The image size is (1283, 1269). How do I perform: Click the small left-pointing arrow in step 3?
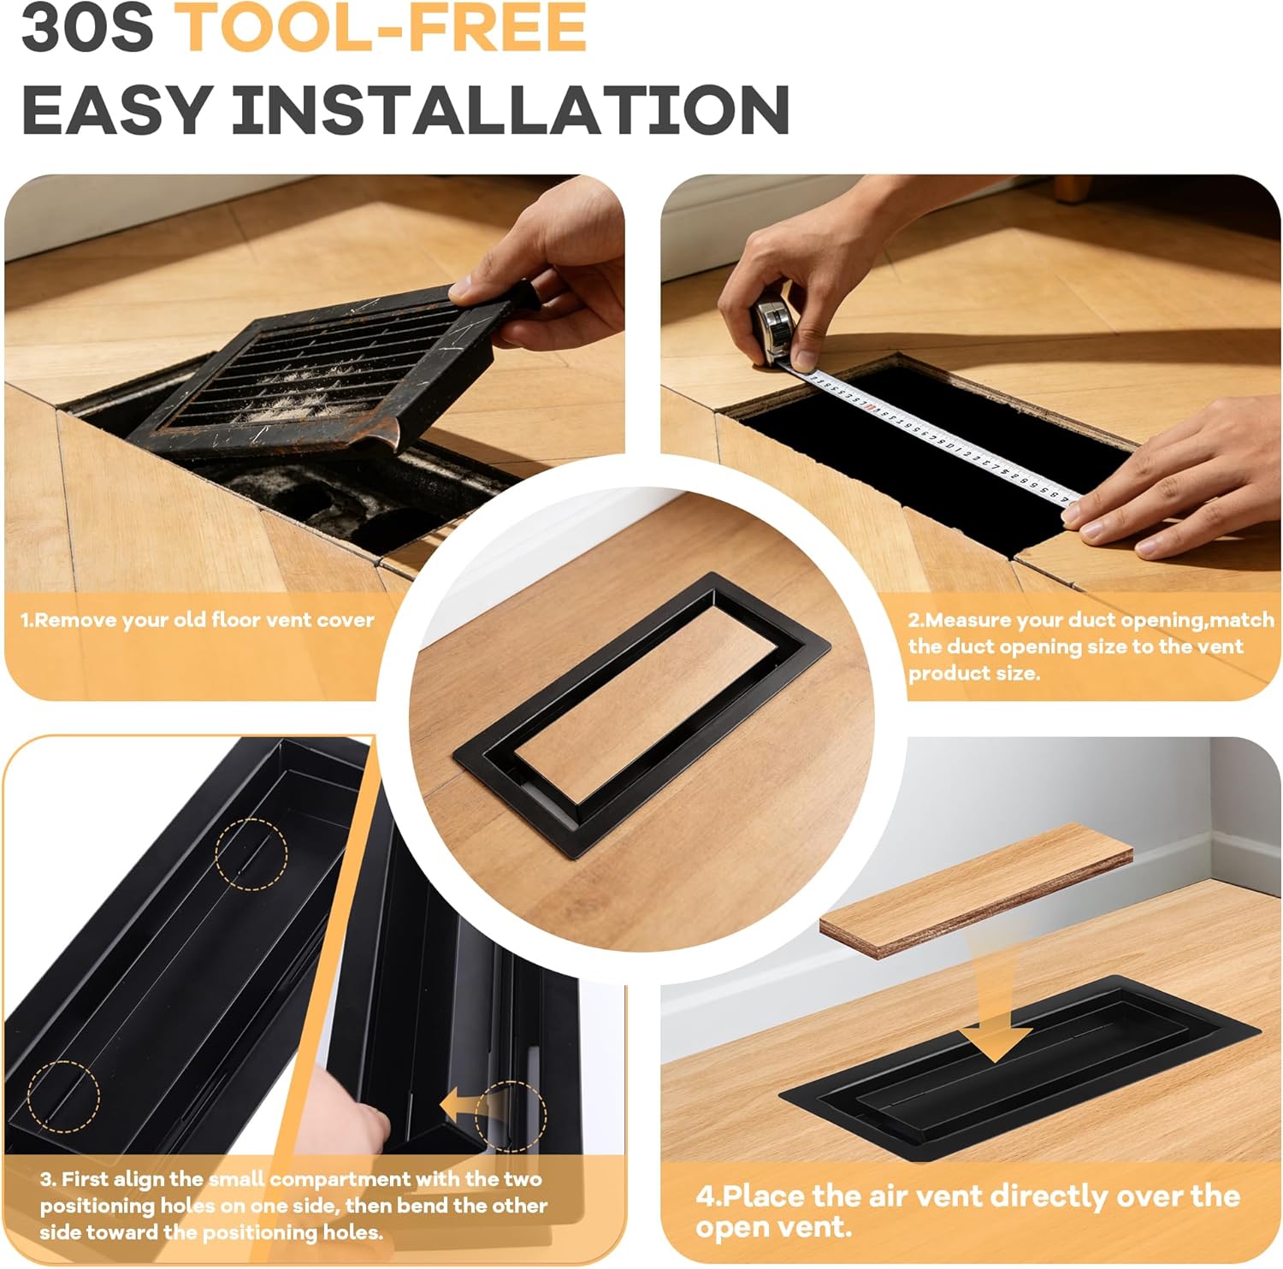click(x=462, y=1107)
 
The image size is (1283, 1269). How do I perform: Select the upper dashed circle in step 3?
click(x=251, y=853)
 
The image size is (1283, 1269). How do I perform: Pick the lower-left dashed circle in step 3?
click(x=63, y=1096)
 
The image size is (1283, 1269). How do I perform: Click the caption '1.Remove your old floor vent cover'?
click(x=197, y=620)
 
